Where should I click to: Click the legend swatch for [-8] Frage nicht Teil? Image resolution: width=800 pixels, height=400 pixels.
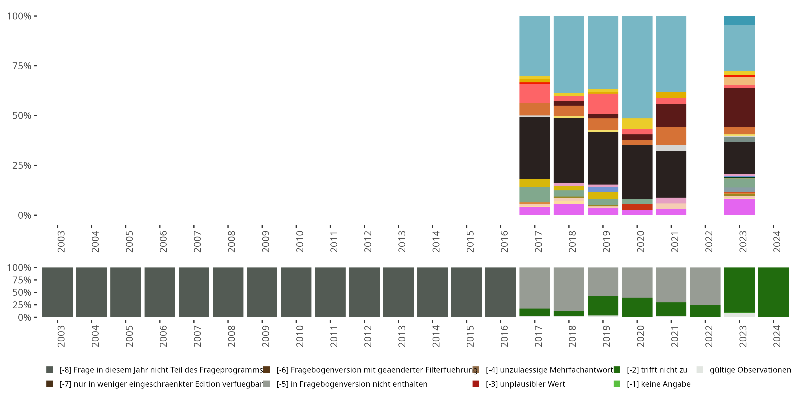pyautogui.click(x=49, y=370)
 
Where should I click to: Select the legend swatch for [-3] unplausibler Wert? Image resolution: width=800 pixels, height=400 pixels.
pyautogui.click(x=475, y=384)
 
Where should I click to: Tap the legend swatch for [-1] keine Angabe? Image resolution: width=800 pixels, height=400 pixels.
pyautogui.click(x=617, y=384)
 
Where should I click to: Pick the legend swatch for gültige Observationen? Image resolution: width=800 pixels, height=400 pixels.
pyautogui.click(x=700, y=370)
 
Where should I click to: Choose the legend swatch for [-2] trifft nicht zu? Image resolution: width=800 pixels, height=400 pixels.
pyautogui.click(x=617, y=370)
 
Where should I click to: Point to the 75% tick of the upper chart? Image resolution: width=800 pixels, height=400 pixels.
pyautogui.click(x=35, y=66)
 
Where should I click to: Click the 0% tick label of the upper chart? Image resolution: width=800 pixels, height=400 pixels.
pyautogui.click(x=25, y=215)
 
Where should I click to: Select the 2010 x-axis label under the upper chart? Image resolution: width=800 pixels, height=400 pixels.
pyautogui.click(x=299, y=241)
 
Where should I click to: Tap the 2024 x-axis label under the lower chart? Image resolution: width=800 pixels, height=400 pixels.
pyautogui.click(x=776, y=336)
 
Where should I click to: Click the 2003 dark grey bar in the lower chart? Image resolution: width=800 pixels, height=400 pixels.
pyautogui.click(x=57, y=292)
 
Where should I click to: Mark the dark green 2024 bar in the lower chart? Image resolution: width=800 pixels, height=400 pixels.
pyautogui.click(x=773, y=292)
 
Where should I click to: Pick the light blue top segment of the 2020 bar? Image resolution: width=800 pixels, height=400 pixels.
pyautogui.click(x=637, y=67)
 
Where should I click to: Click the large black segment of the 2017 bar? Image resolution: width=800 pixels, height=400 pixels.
pyautogui.click(x=534, y=148)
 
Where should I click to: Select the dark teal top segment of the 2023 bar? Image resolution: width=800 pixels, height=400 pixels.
pyautogui.click(x=739, y=21)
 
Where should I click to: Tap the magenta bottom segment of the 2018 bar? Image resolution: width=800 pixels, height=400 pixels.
pyautogui.click(x=569, y=210)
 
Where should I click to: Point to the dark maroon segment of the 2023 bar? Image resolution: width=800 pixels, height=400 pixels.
pyautogui.click(x=739, y=107)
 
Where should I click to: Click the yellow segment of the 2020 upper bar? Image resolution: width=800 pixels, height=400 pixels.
pyautogui.click(x=637, y=124)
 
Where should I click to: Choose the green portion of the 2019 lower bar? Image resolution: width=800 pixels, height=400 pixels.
pyautogui.click(x=603, y=306)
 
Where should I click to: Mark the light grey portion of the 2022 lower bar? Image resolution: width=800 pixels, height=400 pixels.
pyautogui.click(x=705, y=286)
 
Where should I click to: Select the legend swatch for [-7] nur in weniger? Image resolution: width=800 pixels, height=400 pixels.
pyautogui.click(x=49, y=384)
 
